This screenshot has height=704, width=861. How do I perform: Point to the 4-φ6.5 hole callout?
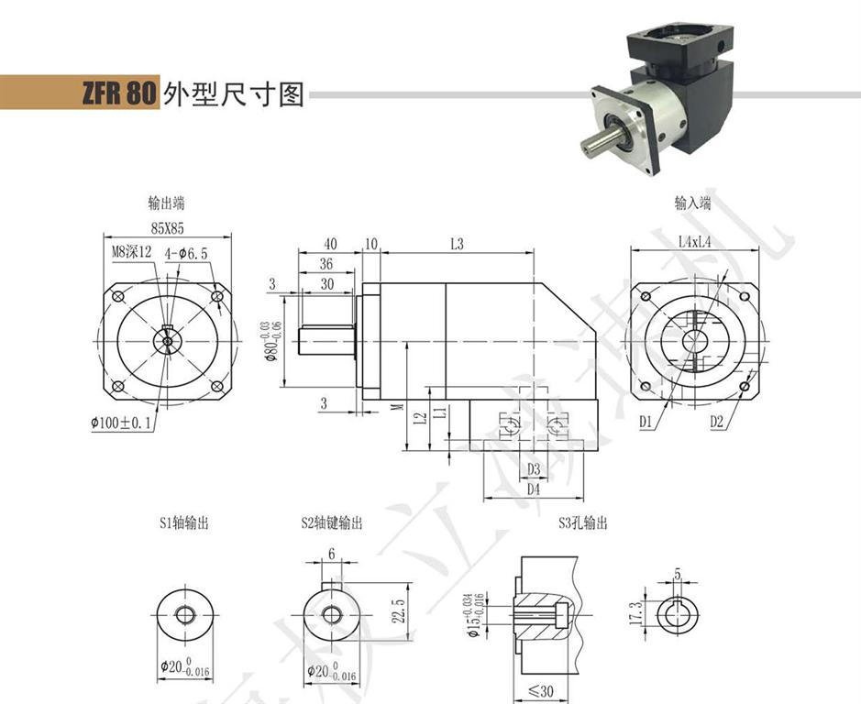tap(187, 252)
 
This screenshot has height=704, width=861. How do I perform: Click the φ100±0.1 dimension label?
tap(123, 423)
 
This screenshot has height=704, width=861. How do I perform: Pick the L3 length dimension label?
tap(456, 244)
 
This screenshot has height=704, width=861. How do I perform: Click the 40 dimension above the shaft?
tap(330, 244)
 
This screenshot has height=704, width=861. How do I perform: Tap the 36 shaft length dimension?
tap(326, 264)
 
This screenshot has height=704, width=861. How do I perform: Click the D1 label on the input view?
tap(646, 423)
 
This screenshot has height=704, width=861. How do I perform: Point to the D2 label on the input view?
tap(718, 423)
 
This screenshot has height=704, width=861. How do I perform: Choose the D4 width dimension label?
tap(533, 490)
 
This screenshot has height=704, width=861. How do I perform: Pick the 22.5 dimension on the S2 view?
tap(397, 610)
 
